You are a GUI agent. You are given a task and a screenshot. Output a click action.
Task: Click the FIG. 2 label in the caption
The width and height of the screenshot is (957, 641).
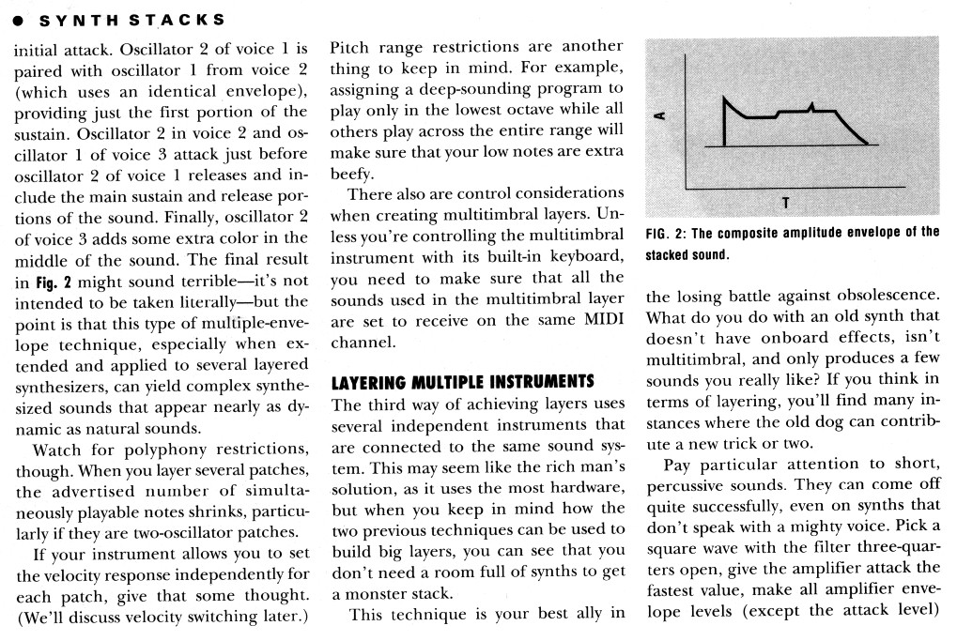pos(667,233)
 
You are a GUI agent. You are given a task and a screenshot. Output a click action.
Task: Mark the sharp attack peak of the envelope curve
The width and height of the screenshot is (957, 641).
pos(726,98)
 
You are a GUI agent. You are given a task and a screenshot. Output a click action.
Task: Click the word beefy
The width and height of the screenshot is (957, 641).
pos(350,174)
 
